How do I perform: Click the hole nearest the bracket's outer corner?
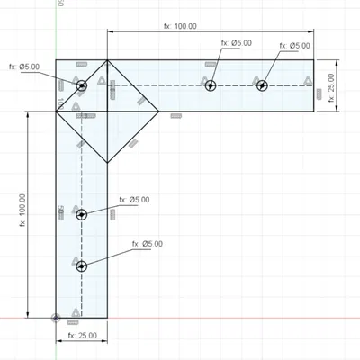pyautogui.click(x=82, y=85)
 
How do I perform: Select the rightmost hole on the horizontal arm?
pyautogui.click(x=262, y=85)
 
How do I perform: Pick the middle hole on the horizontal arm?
pyautogui.click(x=211, y=85)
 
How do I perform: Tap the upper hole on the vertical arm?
pyautogui.click(x=82, y=214)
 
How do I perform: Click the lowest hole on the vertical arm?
pyautogui.click(x=82, y=265)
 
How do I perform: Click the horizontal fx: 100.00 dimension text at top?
pyautogui.click(x=180, y=26)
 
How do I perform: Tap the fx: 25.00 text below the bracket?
pyautogui.click(x=82, y=335)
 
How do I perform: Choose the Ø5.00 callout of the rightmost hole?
pyautogui.click(x=294, y=46)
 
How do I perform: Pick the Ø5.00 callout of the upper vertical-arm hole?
pyautogui.click(x=134, y=199)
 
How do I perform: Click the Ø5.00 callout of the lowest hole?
pyautogui.click(x=147, y=244)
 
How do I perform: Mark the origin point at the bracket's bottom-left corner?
pyautogui.click(x=57, y=318)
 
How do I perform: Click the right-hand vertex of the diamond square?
pyautogui.click(x=159, y=112)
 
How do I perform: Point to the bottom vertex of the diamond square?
pyautogui.click(x=108, y=163)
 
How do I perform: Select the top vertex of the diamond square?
pyautogui.click(x=108, y=60)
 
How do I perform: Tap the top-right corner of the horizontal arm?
pyautogui.click(x=314, y=60)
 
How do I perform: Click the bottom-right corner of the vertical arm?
pyautogui.click(x=108, y=318)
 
